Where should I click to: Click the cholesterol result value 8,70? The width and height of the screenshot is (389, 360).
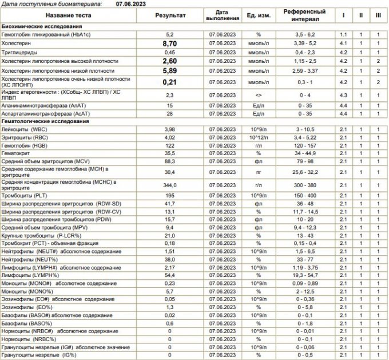point(169,43)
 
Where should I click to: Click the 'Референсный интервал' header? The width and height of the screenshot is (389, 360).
point(305,15)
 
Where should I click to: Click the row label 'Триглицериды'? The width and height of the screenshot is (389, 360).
point(18,52)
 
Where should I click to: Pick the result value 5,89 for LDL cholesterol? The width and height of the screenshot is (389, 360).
point(169,70)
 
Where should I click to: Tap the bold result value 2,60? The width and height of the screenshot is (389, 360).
point(169,61)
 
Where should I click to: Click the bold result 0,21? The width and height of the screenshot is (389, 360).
point(169,82)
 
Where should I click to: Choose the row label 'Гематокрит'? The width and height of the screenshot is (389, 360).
point(17,153)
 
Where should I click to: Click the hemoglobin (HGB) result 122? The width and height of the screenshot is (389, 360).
point(169,145)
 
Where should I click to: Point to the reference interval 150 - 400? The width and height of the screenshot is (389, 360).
point(305,196)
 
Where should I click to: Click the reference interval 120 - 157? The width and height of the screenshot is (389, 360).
point(305,145)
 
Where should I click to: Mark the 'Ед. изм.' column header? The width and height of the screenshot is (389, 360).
point(259,15)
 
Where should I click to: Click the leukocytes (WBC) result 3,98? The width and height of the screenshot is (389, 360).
point(169,130)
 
